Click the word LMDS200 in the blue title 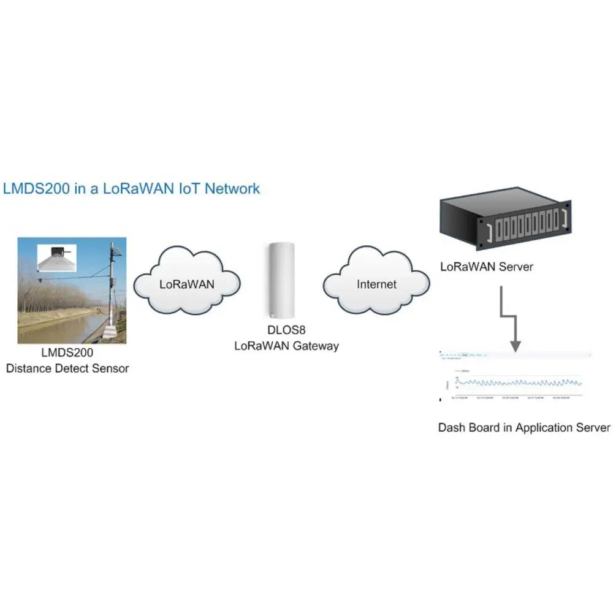[36, 188]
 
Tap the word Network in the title [232, 188]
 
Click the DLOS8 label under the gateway [286, 332]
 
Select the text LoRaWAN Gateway [286, 346]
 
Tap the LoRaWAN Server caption [487, 267]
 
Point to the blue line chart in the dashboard [518, 383]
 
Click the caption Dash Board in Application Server [524, 427]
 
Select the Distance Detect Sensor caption [67, 368]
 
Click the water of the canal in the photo [52, 330]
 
